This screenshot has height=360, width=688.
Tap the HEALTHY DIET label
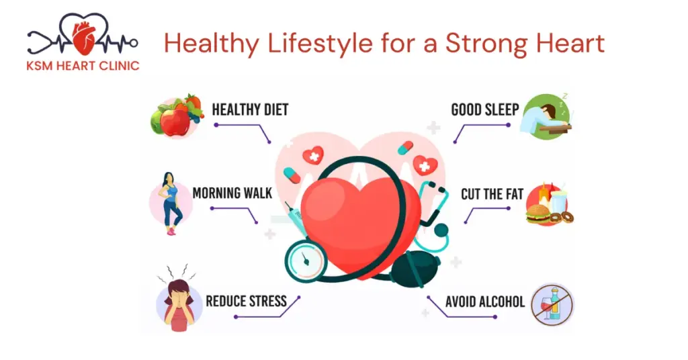click(x=250, y=109)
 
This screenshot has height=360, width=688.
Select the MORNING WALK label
click(x=232, y=193)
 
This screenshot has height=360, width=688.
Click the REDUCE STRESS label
click(x=246, y=302)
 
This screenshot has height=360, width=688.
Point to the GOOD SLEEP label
click(x=485, y=109)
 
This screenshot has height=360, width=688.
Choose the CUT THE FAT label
click(x=492, y=194)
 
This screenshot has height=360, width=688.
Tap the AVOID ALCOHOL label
click(x=485, y=302)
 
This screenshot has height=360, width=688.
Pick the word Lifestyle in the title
click(x=320, y=44)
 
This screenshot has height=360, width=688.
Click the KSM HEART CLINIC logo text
click(x=83, y=66)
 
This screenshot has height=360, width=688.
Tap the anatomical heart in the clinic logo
click(x=83, y=38)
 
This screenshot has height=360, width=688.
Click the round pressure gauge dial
click(x=306, y=260)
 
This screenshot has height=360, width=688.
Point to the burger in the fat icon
click(x=538, y=214)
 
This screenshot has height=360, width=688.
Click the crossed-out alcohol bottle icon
click(x=552, y=304)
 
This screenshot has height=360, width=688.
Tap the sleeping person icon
click(x=546, y=116)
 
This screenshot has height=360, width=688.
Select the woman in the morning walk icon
click(x=171, y=204)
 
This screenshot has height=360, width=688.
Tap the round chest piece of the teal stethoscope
click(x=441, y=230)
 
